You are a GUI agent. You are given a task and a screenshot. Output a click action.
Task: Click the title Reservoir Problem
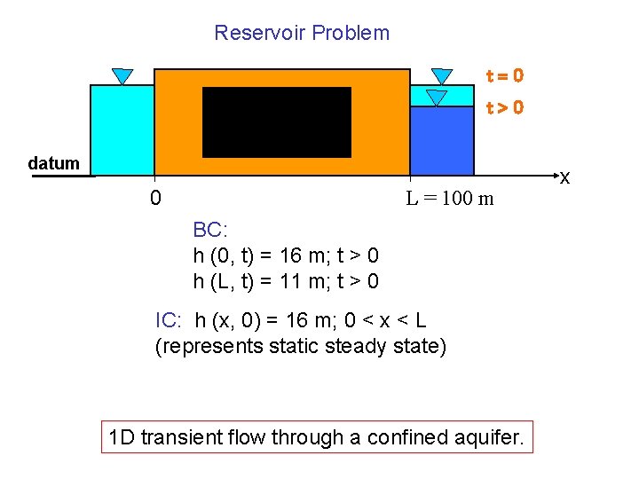point(302,33)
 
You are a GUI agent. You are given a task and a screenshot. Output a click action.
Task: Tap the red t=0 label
point(503,76)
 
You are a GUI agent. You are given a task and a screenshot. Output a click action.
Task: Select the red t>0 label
point(503,107)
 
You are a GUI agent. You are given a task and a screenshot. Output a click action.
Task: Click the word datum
point(54,163)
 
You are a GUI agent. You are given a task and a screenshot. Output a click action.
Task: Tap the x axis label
point(564,180)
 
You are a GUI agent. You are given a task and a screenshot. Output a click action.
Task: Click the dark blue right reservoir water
point(442,140)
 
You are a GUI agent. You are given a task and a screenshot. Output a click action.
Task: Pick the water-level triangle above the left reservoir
point(122,76)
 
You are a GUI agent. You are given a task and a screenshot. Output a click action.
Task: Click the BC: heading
point(210,231)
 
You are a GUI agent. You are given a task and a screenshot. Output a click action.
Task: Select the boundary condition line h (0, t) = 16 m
point(286,256)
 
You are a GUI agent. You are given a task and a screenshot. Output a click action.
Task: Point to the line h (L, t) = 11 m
point(286,282)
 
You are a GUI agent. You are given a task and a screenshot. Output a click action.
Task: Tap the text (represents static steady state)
point(301,346)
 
